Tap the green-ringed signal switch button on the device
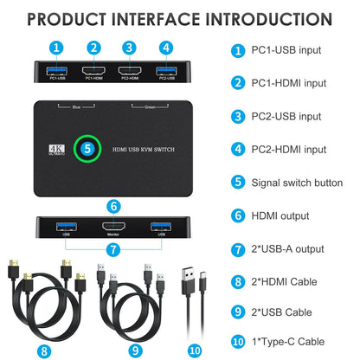(x=87, y=147)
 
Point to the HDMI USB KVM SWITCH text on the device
(x=147, y=148)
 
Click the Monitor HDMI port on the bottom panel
(x=111, y=228)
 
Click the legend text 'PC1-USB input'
(x=285, y=50)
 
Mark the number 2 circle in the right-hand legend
(x=237, y=82)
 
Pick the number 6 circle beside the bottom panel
(x=113, y=206)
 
